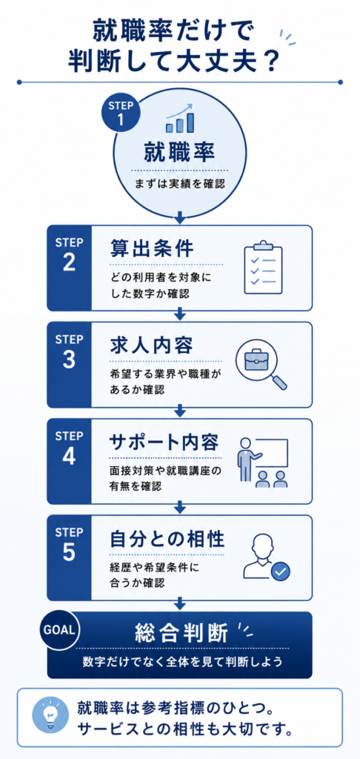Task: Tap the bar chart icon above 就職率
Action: click(x=180, y=118)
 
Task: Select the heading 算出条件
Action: click(x=151, y=249)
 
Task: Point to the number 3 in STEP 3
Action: click(x=69, y=359)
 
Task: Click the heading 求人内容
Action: click(x=151, y=345)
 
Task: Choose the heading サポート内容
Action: click(x=164, y=443)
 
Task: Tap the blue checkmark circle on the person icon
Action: click(x=280, y=571)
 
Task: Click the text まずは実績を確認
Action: click(x=180, y=184)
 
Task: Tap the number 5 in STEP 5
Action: click(x=69, y=553)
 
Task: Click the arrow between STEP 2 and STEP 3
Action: click(x=180, y=314)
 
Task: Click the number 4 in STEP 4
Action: click(x=69, y=456)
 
